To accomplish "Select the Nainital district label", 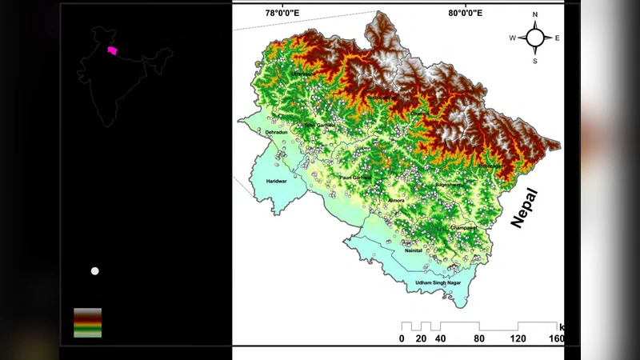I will pos(414,250).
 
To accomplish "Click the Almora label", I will pos(396,200).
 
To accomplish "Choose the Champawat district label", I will pos(463,228).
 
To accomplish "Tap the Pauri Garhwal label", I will pos(356,177).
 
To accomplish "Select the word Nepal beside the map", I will pos(525,208).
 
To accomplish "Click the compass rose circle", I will pos(535,38).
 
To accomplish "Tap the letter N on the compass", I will pos(535,15).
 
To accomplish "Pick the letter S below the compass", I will pos(535,61).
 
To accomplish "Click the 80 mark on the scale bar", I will pos(479,338).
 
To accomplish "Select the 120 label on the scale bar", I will pos(518,338).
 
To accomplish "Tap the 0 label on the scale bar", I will pos(402,338).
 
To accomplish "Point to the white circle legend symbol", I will pos(95,271).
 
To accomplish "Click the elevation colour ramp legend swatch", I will pos(87,322).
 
